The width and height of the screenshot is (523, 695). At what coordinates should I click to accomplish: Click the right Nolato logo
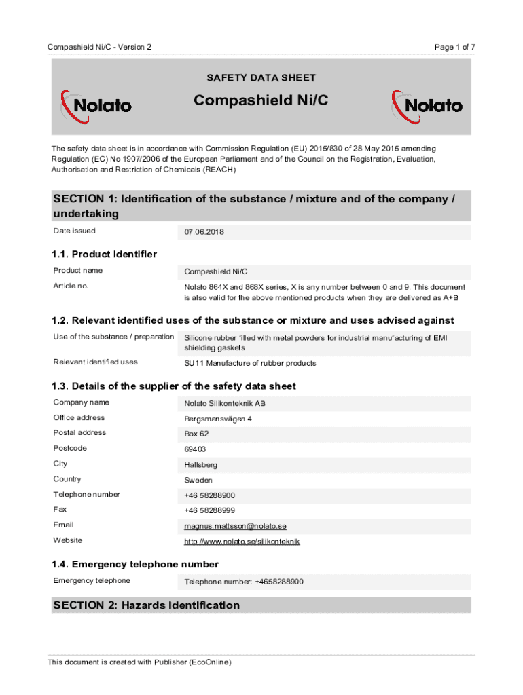point(427,107)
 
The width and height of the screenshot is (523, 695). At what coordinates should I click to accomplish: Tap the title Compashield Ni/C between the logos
point(261,101)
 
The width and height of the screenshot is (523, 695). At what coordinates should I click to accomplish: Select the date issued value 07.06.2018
point(204,232)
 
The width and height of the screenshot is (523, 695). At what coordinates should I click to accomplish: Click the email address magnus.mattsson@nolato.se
point(235,526)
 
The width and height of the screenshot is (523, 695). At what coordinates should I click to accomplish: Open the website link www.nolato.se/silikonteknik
point(242,542)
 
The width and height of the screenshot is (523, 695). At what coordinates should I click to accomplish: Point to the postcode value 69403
point(196,449)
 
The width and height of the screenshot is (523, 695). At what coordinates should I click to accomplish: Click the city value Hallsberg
point(201,465)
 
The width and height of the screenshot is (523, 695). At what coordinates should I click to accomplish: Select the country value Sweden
point(198,480)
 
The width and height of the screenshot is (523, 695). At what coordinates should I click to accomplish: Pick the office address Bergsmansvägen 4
point(218,419)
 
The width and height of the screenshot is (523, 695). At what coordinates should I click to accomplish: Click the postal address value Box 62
point(197,434)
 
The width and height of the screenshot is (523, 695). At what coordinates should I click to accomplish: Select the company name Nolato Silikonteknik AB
point(225,404)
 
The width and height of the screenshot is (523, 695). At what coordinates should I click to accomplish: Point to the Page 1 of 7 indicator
point(454,47)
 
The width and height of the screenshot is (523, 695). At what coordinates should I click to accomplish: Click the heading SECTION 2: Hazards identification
point(146,605)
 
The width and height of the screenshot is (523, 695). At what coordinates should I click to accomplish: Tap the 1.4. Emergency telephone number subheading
point(135,564)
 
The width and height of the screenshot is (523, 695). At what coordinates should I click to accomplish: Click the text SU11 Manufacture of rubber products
point(250,363)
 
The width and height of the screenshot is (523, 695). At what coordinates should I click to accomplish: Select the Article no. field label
point(71,286)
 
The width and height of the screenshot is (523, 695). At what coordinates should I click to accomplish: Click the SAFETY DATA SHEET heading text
point(261,78)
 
